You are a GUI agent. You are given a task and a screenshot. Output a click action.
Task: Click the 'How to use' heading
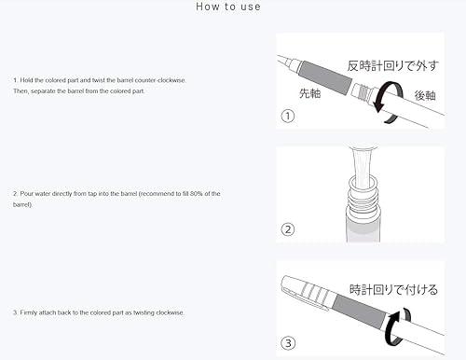228,7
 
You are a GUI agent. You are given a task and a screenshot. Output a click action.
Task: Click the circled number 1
289,116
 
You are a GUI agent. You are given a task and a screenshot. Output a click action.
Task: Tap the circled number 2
289,229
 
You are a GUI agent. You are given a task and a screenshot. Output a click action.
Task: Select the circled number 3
289,342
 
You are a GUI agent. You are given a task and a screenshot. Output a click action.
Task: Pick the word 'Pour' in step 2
28,193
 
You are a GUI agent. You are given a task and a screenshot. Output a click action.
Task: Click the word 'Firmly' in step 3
31,312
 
